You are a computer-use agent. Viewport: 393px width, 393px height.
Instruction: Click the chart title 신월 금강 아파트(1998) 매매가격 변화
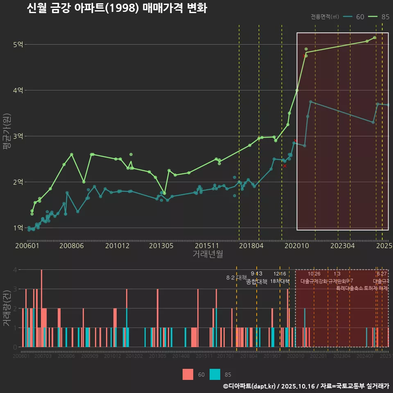(117, 8)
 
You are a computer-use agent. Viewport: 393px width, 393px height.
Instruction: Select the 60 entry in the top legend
(354, 17)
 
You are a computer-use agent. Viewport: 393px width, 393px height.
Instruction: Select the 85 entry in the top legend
(379, 17)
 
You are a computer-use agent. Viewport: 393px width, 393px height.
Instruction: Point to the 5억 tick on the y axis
(18, 44)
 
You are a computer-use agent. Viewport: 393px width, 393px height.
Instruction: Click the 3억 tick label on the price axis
(18, 136)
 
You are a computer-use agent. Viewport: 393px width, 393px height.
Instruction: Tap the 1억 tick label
(18, 228)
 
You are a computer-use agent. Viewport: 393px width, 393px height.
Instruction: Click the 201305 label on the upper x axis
(161, 246)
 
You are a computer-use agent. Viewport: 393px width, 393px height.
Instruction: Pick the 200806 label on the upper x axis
(72, 246)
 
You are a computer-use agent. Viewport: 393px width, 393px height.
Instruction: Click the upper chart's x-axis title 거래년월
(208, 254)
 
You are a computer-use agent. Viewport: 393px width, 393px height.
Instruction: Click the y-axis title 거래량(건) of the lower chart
(7, 307)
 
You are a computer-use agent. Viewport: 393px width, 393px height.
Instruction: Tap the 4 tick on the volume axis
(15, 270)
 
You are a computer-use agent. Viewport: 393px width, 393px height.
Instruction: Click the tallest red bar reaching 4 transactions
(41, 308)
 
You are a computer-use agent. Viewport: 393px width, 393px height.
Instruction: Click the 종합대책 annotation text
(257, 281)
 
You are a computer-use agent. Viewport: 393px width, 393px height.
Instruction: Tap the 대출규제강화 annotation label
(314, 281)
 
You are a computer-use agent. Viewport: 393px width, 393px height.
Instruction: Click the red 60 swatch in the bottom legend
(188, 374)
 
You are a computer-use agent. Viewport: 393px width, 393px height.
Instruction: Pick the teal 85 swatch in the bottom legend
(215, 374)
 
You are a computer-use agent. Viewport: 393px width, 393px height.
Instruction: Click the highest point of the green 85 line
(375, 38)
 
